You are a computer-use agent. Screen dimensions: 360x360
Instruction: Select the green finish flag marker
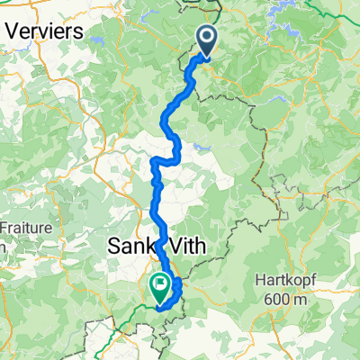point(160,287)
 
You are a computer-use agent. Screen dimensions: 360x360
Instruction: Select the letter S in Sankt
point(113,246)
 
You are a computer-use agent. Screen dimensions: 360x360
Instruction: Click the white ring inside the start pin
point(207,38)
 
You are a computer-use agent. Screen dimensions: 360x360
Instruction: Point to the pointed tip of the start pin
point(207,58)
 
